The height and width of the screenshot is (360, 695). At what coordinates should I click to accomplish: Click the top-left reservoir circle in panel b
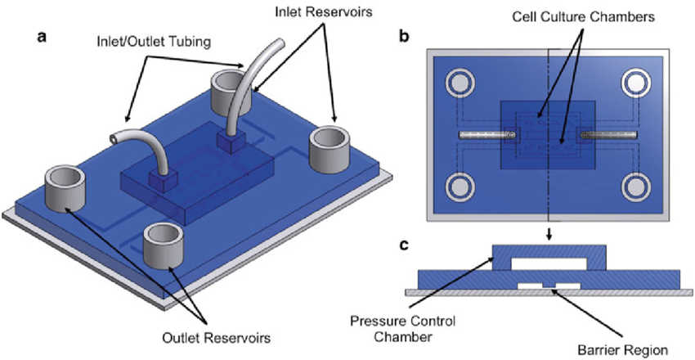459,82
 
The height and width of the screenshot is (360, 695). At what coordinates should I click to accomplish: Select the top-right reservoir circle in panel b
637,82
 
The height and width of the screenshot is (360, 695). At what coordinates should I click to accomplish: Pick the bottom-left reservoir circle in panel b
459,187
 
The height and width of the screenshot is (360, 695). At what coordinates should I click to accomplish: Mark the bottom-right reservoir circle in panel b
637,187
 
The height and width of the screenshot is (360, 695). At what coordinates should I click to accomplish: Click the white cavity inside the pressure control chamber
548,263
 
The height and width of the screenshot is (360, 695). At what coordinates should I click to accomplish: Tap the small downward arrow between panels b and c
548,234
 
